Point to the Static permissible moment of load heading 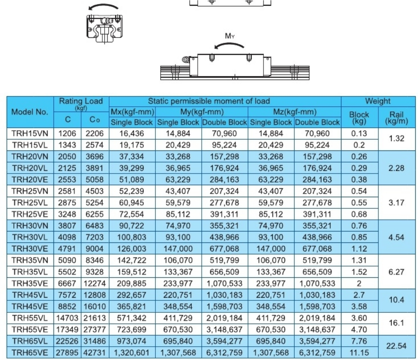pyautogui.click(x=225, y=101)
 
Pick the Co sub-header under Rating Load pyautogui.click(x=92, y=120)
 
